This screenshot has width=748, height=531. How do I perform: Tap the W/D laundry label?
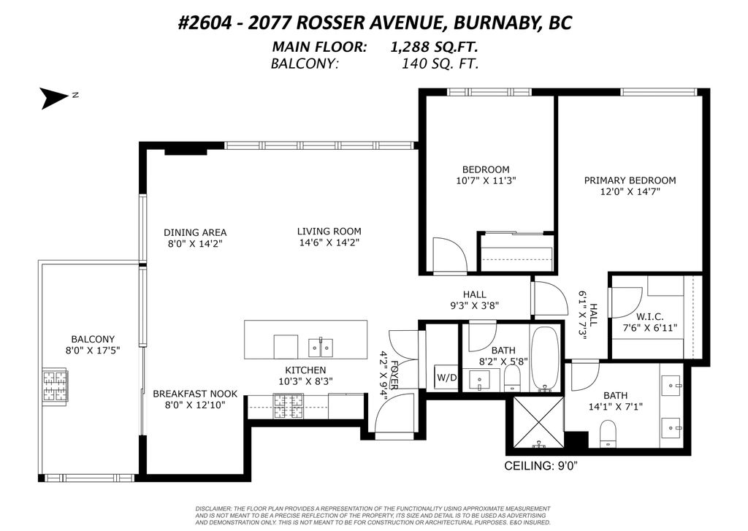point(446,378)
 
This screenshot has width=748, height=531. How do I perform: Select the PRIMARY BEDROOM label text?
point(630,180)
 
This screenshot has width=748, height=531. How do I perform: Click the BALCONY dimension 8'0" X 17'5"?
point(93,350)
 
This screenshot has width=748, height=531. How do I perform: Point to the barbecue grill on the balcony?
point(56,386)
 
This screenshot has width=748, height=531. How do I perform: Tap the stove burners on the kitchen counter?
point(288,406)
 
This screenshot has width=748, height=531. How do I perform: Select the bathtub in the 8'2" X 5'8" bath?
point(544,358)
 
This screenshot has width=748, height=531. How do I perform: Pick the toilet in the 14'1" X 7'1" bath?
point(608,434)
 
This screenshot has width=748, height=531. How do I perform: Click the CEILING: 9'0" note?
point(541,466)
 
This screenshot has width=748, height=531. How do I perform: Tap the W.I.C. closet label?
point(649,317)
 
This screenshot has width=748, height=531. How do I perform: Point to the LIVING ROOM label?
point(329,232)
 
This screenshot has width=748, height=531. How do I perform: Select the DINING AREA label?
point(195,232)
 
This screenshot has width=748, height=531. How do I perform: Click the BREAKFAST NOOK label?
point(195,394)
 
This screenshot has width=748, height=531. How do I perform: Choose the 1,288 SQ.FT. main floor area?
point(434,47)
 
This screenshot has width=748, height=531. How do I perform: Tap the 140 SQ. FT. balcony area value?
point(440,63)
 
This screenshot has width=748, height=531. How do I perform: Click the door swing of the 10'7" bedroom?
point(450,254)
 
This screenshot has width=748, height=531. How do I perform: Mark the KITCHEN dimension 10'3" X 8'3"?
point(305,381)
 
